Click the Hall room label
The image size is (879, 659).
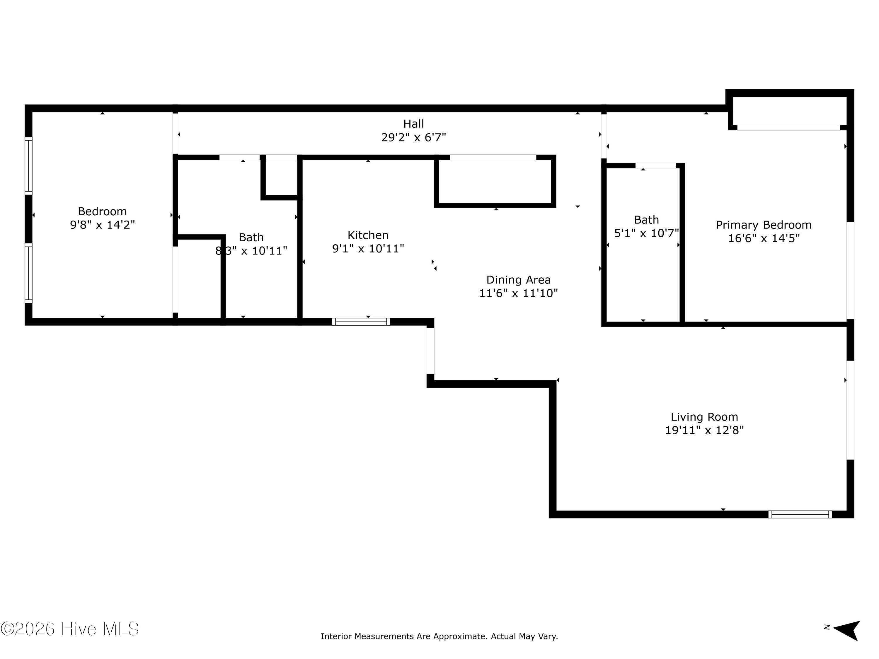(x=414, y=124)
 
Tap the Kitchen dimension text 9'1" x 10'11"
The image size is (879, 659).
(x=368, y=249)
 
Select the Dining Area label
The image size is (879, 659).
(x=519, y=280)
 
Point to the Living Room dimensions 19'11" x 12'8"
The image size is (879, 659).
(x=705, y=430)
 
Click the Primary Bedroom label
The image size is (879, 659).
(x=764, y=225)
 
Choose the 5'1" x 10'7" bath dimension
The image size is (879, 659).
(x=647, y=233)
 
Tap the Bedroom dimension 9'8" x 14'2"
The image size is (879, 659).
(x=103, y=225)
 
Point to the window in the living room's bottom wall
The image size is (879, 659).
(x=800, y=514)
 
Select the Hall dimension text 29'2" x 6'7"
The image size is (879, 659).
(x=414, y=137)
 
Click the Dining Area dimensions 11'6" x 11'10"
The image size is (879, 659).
(x=519, y=293)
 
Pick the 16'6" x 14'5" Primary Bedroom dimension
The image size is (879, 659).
(x=764, y=238)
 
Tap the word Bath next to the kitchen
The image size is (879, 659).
(x=251, y=238)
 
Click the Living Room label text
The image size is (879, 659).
(x=705, y=417)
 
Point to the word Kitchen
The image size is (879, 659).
(x=368, y=235)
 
